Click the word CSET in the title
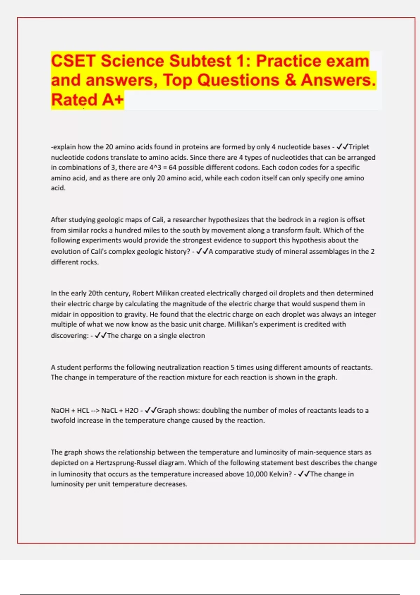[x=73, y=61]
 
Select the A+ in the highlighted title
[x=113, y=100]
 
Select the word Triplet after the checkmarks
[x=359, y=147]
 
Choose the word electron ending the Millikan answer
[x=192, y=336]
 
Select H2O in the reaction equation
[x=132, y=411]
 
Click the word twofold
[x=63, y=420]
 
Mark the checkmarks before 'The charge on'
[x=100, y=335]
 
